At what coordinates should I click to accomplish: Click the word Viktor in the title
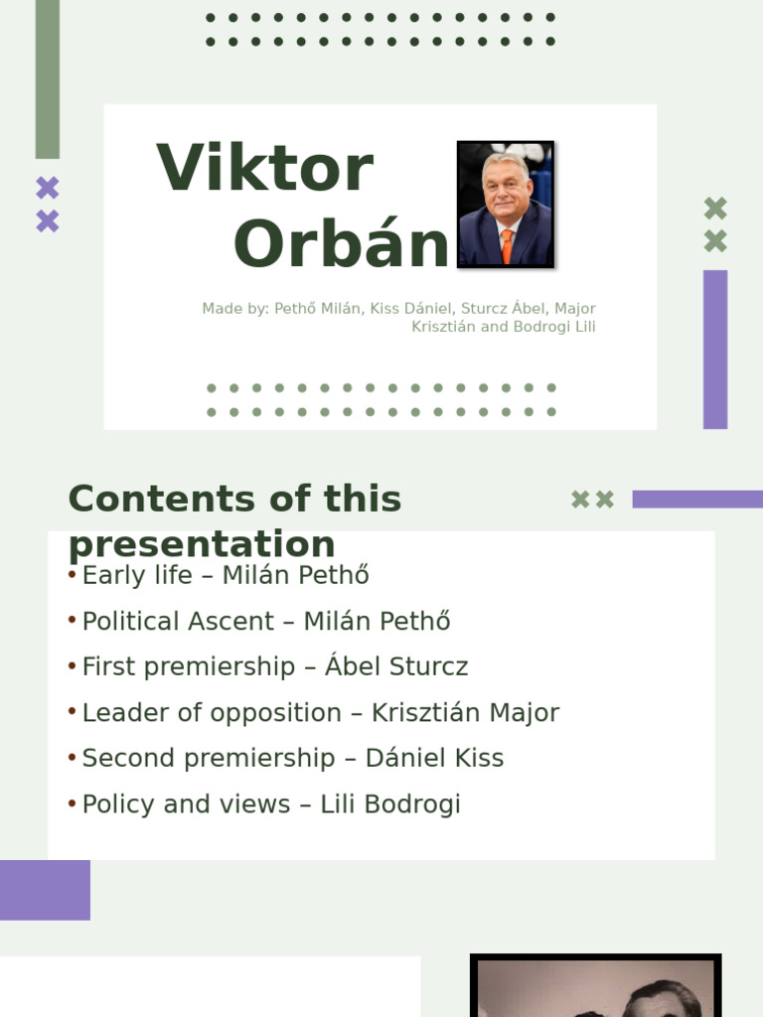pyautogui.click(x=264, y=169)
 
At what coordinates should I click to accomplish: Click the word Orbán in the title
pyautogui.click(x=341, y=245)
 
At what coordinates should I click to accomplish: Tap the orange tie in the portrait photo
pyautogui.click(x=507, y=245)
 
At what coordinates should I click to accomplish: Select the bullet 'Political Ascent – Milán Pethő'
pyautogui.click(x=266, y=622)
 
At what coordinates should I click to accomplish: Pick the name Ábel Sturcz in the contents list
pyautogui.click(x=396, y=667)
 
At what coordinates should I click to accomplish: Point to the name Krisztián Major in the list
pyautogui.click(x=465, y=713)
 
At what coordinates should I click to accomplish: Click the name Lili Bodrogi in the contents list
pyautogui.click(x=390, y=804)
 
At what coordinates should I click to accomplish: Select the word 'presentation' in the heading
pyautogui.click(x=202, y=544)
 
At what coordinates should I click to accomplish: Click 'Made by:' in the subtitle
pyautogui.click(x=235, y=309)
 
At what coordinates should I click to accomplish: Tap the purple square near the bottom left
pyautogui.click(x=45, y=890)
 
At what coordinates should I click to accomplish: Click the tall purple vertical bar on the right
pyautogui.click(x=715, y=350)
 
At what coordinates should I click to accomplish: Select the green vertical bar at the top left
pyautogui.click(x=47, y=78)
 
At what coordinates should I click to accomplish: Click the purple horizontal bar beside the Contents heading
pyautogui.click(x=697, y=499)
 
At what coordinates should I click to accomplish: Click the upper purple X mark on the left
pyautogui.click(x=48, y=188)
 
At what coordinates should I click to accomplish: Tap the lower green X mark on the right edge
pyautogui.click(x=715, y=241)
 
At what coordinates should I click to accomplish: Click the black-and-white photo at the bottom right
pyautogui.click(x=595, y=987)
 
